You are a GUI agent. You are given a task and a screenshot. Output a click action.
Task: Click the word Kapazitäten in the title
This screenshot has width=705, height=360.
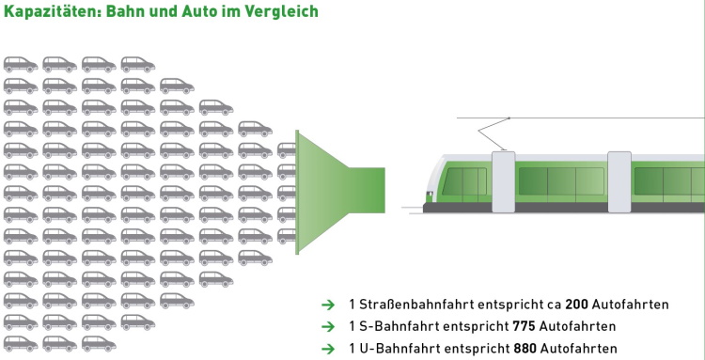tap(52, 11)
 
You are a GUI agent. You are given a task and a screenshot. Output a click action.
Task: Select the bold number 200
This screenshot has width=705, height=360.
tap(576, 305)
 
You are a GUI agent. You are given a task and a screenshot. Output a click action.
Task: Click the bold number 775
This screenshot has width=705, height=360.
tap(524, 326)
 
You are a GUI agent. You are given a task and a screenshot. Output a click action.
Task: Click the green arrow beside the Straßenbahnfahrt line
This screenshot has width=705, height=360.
tap(328, 305)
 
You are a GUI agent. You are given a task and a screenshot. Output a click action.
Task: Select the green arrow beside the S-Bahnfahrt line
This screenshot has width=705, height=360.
tap(328, 327)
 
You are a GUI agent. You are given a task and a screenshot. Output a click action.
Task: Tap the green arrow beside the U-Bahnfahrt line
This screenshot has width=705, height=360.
tap(328, 349)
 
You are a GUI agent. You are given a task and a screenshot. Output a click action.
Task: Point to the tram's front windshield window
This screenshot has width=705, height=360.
tap(464, 182)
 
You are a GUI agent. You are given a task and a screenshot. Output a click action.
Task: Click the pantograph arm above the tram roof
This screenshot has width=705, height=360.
tap(493, 133)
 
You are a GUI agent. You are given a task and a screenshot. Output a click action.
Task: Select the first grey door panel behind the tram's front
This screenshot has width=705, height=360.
tap(504, 181)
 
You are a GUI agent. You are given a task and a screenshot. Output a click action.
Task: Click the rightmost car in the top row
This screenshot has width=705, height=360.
tap(138, 64)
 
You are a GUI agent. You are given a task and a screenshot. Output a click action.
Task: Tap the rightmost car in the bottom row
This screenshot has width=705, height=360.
tap(99, 344)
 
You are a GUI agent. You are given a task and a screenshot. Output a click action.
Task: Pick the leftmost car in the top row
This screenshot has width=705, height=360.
tap(21, 64)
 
